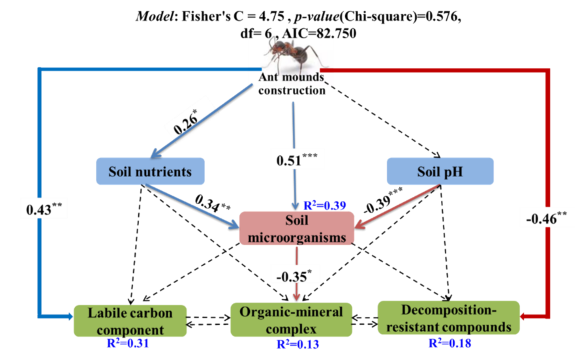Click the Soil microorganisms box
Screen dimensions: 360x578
(297, 230)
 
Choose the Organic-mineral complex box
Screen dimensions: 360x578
(291, 319)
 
